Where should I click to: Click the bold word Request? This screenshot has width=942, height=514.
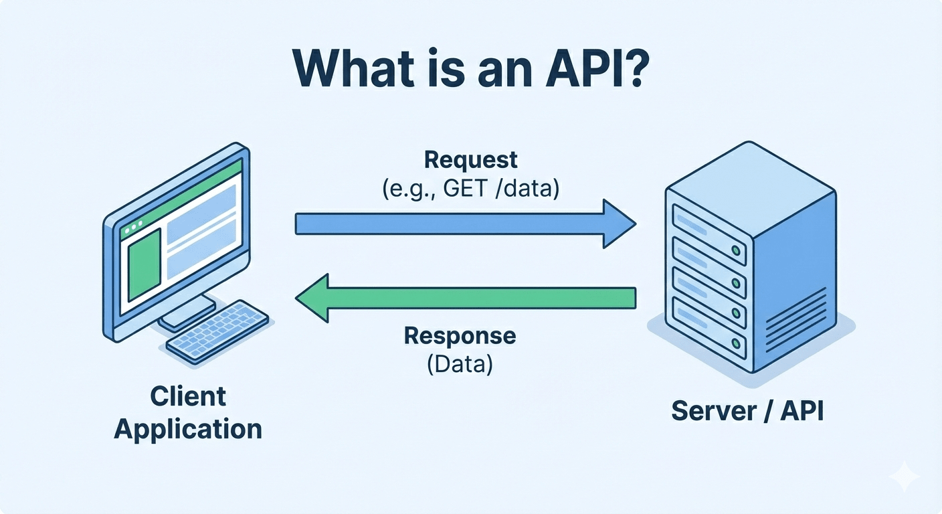(x=471, y=160)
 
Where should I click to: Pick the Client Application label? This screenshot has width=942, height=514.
(x=188, y=412)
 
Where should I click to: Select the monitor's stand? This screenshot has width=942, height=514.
(x=187, y=312)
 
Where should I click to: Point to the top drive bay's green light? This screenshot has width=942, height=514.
(x=736, y=251)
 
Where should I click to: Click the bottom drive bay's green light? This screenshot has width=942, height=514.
(x=736, y=343)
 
